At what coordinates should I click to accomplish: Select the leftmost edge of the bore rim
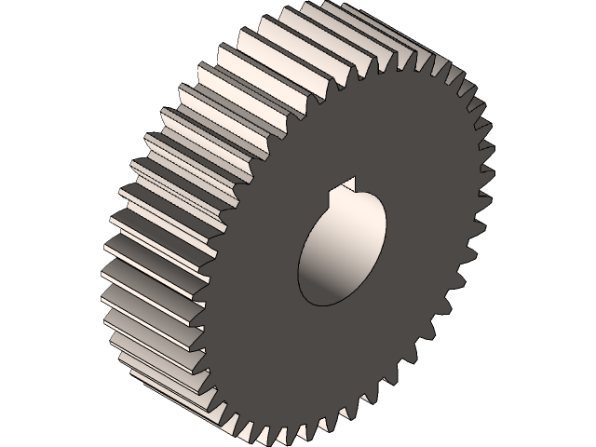click(299, 275)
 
